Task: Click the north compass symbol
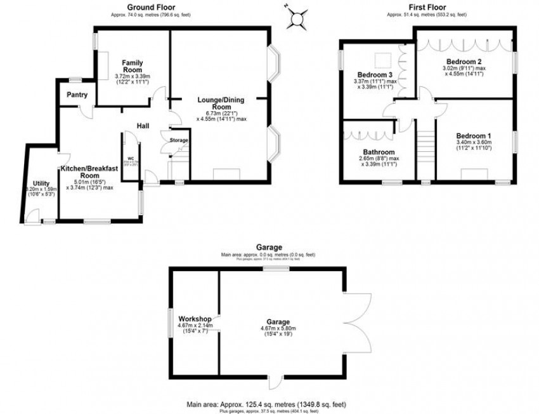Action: (296, 18)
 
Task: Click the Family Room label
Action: (133, 65)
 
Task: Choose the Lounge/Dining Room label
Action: (221, 103)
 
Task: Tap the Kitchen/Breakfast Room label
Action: (86, 172)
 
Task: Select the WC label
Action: (130, 158)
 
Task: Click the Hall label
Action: (142, 126)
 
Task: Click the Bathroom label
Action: (379, 152)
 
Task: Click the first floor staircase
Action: (425, 149)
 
